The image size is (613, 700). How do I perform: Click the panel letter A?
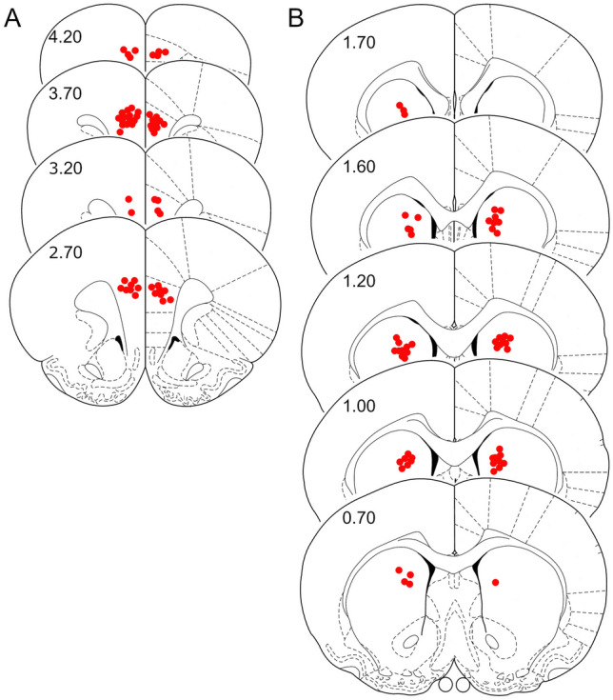point(12,19)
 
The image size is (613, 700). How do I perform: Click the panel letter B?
point(296,19)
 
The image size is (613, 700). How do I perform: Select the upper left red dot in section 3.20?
point(129,198)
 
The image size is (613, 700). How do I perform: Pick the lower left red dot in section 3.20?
point(130,211)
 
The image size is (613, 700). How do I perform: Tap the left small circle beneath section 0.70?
point(445,684)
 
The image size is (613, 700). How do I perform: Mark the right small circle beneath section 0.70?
point(464,684)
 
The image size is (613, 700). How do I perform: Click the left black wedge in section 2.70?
point(118,339)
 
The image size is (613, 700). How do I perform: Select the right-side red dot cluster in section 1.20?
point(502,341)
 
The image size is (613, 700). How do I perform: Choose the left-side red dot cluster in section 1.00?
point(406,462)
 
